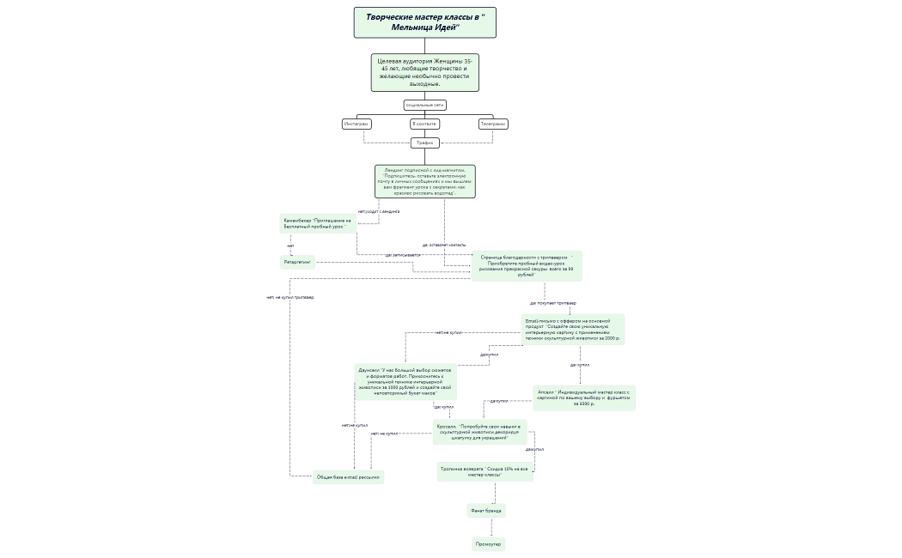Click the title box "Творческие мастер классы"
point(424,22)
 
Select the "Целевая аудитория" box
point(424,73)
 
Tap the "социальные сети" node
point(424,105)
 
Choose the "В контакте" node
point(424,124)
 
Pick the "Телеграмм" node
point(493,124)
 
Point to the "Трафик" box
point(424,143)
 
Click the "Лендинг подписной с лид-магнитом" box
point(424,181)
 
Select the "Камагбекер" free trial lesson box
point(319,223)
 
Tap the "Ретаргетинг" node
point(297,263)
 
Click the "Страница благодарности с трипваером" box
point(526,265)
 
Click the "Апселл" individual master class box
point(583,397)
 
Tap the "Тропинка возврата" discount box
point(485,472)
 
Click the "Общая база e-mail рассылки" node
point(348,477)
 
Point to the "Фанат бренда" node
point(485,510)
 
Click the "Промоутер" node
point(488,544)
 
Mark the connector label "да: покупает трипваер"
point(552,303)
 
